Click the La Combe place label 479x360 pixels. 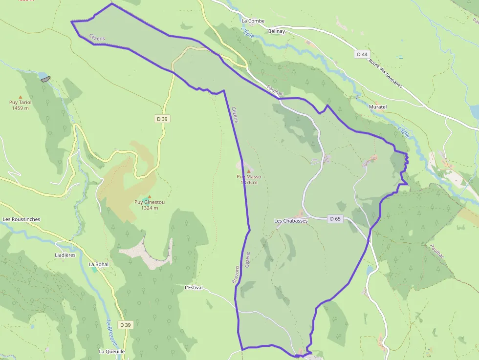pos(253,21)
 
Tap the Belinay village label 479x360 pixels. pos(276,31)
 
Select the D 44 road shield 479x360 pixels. pos(362,54)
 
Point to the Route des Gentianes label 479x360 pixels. pos(386,74)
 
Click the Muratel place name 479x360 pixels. pos(378,106)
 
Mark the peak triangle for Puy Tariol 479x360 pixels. pos(21,97)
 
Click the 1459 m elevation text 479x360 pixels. pos(20,108)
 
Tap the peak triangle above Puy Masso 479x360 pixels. pos(248,171)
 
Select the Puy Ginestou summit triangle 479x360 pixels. pos(150,197)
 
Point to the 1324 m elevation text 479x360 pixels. pos(150,208)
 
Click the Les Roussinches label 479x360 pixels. pos(22,219)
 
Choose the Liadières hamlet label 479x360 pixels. pos(65,255)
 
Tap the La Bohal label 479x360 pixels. pos(98,264)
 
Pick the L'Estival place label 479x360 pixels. pos(194,288)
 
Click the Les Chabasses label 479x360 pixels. pos(291,221)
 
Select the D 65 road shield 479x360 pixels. pos(335,219)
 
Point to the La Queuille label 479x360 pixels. pos(112,351)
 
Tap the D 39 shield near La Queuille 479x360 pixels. pos(126,325)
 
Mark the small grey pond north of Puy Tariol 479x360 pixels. pos(45,78)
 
